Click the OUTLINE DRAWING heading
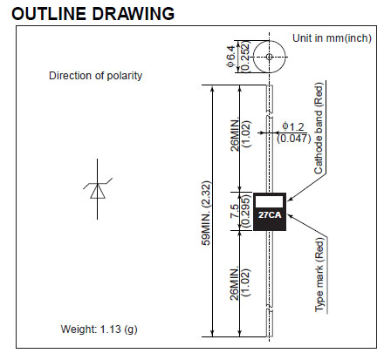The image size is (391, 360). (x=93, y=13)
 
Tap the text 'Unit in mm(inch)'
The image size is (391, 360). (x=332, y=38)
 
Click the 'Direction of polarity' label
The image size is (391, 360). (x=95, y=76)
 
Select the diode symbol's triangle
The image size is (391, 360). (x=98, y=192)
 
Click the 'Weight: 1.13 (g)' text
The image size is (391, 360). (x=99, y=329)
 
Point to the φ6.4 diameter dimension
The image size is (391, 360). (x=231, y=56)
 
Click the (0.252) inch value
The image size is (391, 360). (x=246, y=56)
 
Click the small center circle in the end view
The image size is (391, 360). (x=270, y=57)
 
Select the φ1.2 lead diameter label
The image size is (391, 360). (x=293, y=127)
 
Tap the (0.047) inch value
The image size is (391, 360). (x=293, y=139)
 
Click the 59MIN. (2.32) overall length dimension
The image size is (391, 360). (x=206, y=213)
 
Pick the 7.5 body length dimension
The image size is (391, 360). (x=235, y=211)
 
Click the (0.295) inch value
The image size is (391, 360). (x=246, y=211)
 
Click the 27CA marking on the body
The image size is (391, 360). (x=270, y=215)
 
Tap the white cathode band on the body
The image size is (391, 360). (x=269, y=201)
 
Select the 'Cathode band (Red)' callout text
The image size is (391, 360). (x=319, y=128)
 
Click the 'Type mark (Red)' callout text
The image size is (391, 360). (x=319, y=275)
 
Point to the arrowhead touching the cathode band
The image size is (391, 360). (x=290, y=200)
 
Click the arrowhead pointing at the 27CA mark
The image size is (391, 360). (x=290, y=216)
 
